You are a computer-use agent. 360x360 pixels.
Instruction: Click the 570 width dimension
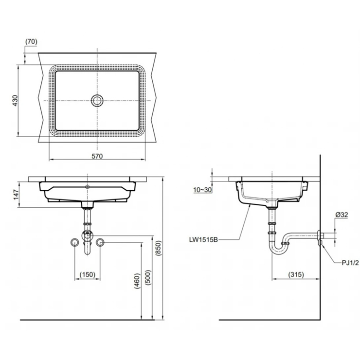click(x=97, y=156)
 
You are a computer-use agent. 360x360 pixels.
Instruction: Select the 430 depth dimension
click(x=15, y=100)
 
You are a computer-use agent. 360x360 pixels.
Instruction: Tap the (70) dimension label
click(x=31, y=41)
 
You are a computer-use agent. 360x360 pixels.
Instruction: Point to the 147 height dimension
click(x=17, y=195)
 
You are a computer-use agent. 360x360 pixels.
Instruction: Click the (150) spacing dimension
click(x=88, y=274)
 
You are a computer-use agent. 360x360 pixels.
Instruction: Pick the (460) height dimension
click(x=137, y=281)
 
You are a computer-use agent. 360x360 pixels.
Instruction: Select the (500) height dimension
click(x=148, y=278)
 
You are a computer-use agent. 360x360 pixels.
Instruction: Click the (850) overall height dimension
click(x=159, y=248)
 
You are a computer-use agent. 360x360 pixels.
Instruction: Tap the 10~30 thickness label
click(x=202, y=190)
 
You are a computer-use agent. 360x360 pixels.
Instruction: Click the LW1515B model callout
click(x=203, y=240)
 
